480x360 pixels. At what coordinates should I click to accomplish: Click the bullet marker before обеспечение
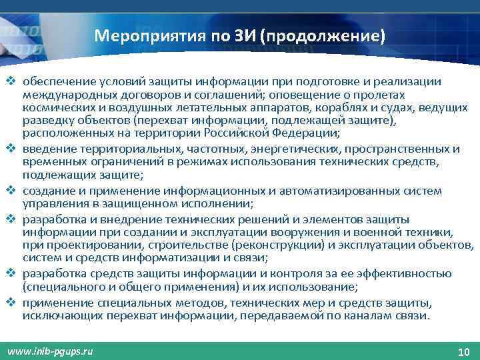pyautogui.click(x=11, y=81)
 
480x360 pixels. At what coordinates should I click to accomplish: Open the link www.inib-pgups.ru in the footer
pyautogui.click(x=50, y=350)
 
